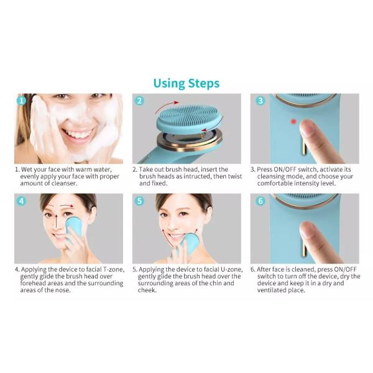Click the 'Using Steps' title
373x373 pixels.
coord(186,83)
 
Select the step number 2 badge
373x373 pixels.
coord(139,100)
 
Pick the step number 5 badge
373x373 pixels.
coord(139,201)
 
